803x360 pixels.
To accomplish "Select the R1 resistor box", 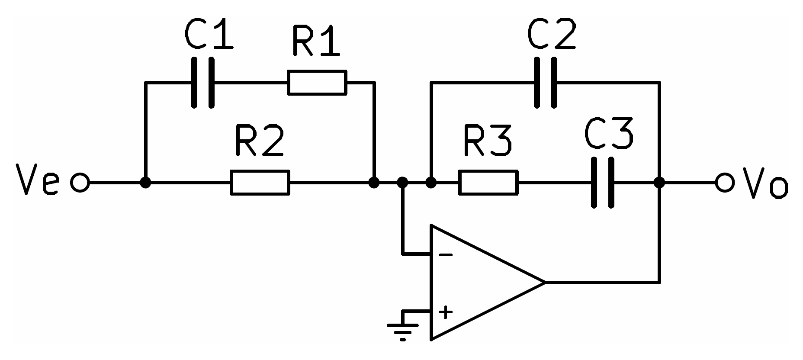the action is click(317, 82).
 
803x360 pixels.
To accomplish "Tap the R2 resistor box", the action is click(260, 183).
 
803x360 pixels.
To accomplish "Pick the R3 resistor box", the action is click(488, 183).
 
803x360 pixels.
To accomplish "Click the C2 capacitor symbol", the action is click(545, 82).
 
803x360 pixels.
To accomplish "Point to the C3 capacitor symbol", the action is click(602, 183).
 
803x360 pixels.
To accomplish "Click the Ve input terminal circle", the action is click(80, 183).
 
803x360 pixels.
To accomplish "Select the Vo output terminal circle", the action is click(725, 183).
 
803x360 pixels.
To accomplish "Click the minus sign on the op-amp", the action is click(446, 255).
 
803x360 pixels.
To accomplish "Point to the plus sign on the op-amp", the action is click(446, 312).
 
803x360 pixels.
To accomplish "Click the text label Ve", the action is click(37, 180).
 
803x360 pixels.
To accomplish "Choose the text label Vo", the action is click(766, 183).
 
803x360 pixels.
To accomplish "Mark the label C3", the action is click(609, 132).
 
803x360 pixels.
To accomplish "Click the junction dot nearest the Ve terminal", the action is click(146, 183).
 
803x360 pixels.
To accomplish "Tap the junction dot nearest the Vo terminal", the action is click(659, 183).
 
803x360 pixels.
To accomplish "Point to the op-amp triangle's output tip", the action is click(544, 283).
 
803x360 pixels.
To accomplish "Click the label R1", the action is click(316, 41).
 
